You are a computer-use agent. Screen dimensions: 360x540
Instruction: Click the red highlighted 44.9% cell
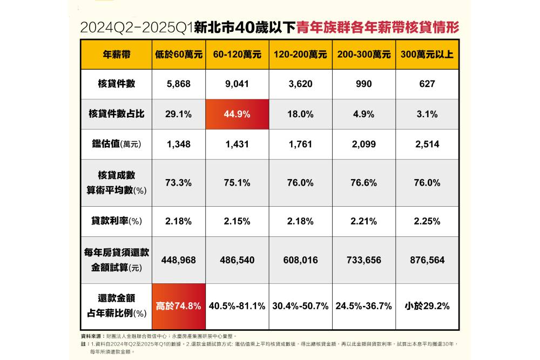(237, 114)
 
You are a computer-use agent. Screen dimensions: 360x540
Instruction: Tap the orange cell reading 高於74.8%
(179, 306)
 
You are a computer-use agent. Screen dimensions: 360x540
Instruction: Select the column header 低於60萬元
(179, 55)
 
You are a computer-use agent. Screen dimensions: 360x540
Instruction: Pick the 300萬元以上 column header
(427, 55)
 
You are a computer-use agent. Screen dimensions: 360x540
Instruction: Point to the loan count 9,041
(237, 84)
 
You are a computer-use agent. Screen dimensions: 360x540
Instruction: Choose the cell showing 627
(427, 84)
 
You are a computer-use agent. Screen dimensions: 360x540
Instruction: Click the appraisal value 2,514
(427, 144)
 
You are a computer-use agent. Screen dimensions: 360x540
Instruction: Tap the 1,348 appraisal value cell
(179, 144)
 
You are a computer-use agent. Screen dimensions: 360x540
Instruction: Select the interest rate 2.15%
(237, 221)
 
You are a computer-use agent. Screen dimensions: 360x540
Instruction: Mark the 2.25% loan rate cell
(427, 221)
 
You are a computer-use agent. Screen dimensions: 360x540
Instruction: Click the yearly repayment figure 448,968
(179, 260)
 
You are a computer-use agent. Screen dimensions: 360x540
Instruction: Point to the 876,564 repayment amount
(427, 260)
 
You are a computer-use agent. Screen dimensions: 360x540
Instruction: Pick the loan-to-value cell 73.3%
(179, 182)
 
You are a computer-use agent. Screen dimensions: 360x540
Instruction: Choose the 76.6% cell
(363, 182)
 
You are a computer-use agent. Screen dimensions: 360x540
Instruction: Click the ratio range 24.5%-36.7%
(363, 306)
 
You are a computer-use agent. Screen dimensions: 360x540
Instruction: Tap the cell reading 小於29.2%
(427, 306)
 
